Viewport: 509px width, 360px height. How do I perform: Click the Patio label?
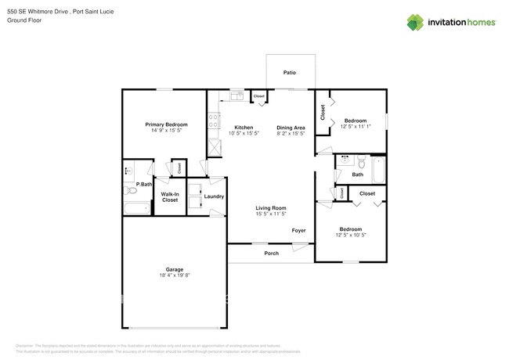point(290,73)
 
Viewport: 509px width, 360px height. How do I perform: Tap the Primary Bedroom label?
point(165,124)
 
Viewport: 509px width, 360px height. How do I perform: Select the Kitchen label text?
point(244,127)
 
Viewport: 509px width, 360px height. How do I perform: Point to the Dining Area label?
point(290,127)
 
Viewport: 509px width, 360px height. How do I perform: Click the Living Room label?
point(270,207)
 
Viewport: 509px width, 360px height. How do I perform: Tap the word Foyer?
point(298,231)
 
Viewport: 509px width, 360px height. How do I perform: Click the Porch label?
point(271,253)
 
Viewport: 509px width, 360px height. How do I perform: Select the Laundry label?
point(215,196)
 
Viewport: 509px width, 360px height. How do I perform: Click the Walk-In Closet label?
point(170,197)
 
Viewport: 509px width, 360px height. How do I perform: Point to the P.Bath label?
point(143,184)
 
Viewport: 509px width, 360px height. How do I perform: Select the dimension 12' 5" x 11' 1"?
point(356,127)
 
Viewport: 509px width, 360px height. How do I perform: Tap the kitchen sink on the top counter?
point(236,97)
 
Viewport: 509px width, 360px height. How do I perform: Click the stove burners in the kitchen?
point(212,121)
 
